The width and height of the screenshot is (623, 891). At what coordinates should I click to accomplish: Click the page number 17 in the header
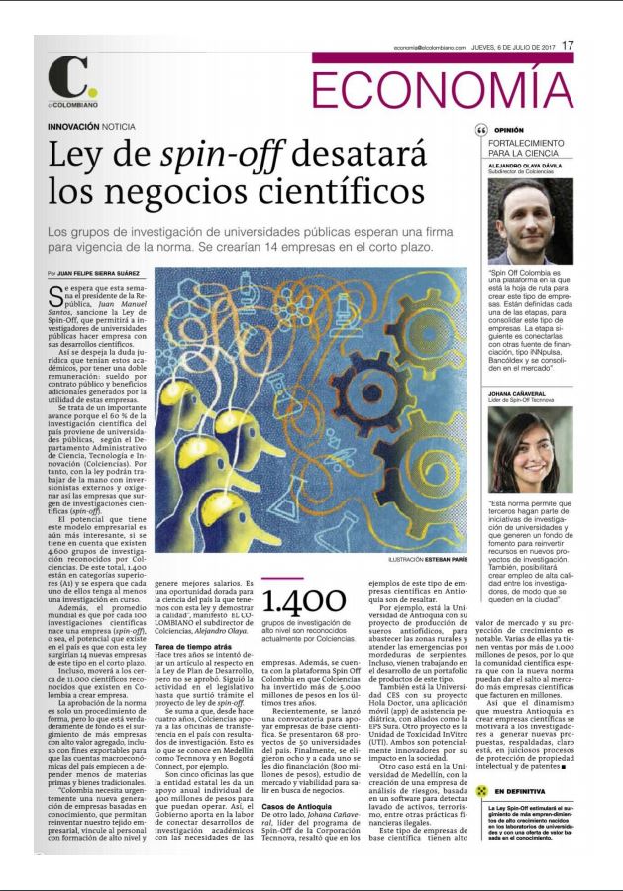pyautogui.click(x=568, y=44)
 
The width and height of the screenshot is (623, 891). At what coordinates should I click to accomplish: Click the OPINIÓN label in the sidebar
pyautogui.click(x=509, y=129)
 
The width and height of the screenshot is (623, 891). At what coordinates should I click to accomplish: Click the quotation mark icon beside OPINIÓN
pyautogui.click(x=482, y=130)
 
